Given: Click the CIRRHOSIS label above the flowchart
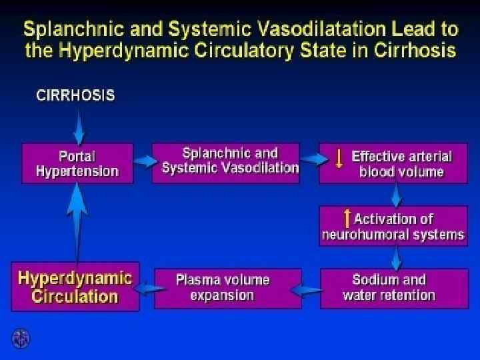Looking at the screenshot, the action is tap(75, 95).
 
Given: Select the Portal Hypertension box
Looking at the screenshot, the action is tap(78, 163).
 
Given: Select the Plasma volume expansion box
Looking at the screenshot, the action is tap(223, 287).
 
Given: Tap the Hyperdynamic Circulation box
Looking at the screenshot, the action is tap(75, 286).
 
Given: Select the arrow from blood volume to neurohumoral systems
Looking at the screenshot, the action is tap(397, 194).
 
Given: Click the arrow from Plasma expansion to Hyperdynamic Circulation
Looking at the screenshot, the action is tap(147, 288).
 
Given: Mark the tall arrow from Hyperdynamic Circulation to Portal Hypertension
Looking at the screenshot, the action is tap(78, 220).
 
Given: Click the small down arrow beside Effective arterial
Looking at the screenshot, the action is tap(339, 158).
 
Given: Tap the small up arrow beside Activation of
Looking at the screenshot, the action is tap(347, 218).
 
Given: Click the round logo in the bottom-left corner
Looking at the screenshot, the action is tap(21, 338).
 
